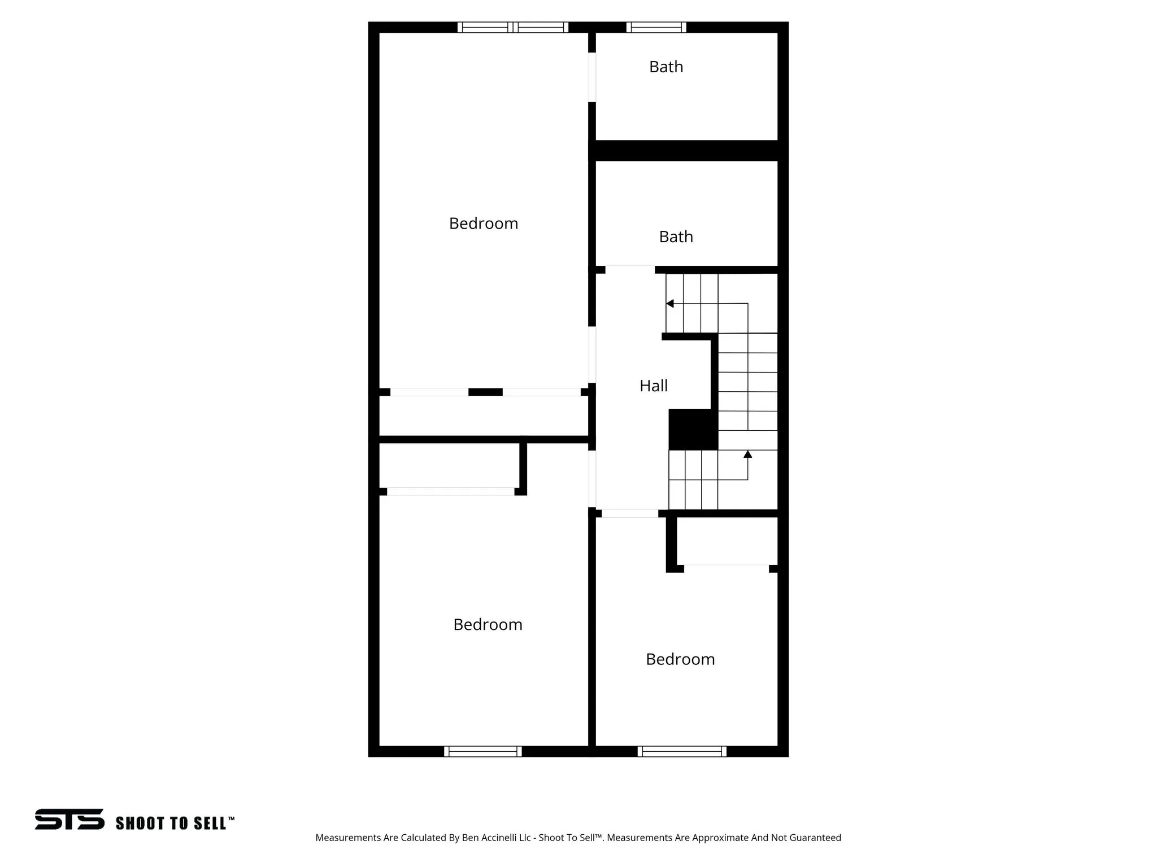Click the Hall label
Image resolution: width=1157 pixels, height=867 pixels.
click(654, 386)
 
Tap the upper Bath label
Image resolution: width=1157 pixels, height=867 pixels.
click(666, 67)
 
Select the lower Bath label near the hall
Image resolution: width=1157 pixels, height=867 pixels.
click(676, 237)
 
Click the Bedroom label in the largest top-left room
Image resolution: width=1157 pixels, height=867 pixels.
click(484, 224)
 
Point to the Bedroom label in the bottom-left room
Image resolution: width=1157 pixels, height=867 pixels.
click(488, 625)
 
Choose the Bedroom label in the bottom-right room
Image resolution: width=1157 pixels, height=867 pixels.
click(680, 660)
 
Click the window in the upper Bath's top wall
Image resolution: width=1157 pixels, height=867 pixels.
click(656, 27)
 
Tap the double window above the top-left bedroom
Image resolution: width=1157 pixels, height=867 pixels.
click(512, 27)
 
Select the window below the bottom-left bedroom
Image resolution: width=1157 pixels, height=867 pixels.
click(482, 751)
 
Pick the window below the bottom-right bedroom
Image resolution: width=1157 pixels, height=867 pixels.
click(682, 751)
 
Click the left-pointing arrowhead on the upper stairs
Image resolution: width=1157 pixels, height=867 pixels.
click(670, 304)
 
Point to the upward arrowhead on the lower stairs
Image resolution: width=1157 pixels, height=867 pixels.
click(747, 454)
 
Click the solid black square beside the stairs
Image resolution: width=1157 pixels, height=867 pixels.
click(693, 430)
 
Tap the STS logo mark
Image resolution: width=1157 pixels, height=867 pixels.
click(69, 819)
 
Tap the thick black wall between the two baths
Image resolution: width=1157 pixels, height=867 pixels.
click(688, 151)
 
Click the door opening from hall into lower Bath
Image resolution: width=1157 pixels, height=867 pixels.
click(630, 270)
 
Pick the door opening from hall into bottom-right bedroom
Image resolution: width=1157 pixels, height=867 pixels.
click(630, 514)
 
